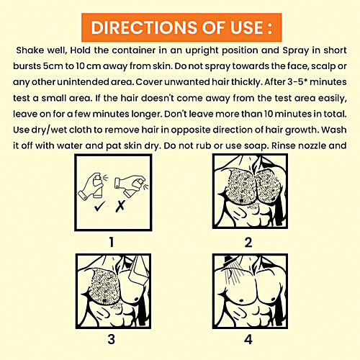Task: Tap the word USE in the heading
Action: tap(247, 27)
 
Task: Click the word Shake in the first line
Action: tap(30, 50)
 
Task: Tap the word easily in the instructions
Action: tap(333, 99)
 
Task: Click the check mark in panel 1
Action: tap(99, 207)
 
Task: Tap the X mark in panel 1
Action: tap(120, 207)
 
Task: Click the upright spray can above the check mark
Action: tap(98, 186)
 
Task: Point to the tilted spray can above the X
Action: tap(134, 186)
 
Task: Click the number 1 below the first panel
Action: tap(112, 242)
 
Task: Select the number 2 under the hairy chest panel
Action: tap(248, 243)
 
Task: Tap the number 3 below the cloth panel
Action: tap(112, 339)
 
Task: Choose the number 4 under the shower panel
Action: tap(248, 340)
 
